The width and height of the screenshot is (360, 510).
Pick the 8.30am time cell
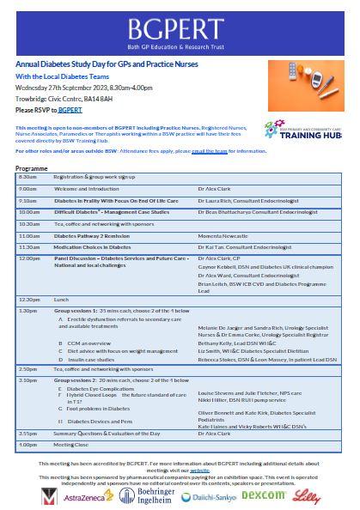[x=27, y=175]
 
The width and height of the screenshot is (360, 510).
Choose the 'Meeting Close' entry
[x=71, y=445]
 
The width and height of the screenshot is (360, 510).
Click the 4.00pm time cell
[x=27, y=445]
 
